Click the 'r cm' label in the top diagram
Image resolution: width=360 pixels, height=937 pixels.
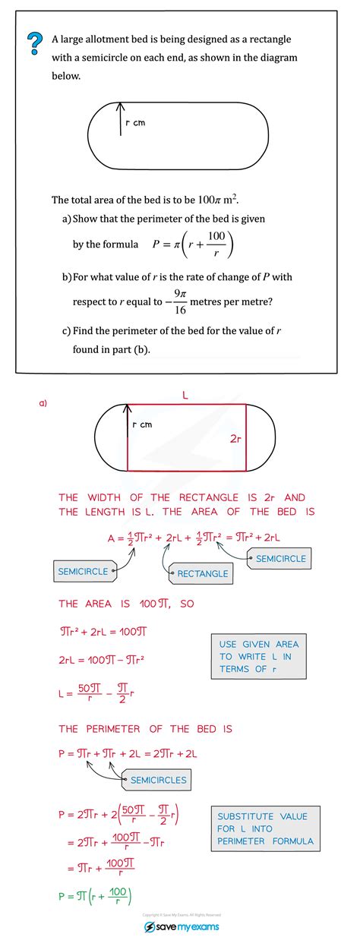[x=134, y=124]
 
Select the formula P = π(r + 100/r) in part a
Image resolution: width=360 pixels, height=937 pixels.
[x=193, y=245]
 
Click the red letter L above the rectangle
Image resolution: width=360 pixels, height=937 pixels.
[x=185, y=395]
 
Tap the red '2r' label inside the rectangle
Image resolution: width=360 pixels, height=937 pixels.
[x=235, y=439]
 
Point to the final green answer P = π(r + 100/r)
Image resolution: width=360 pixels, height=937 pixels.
[x=96, y=895]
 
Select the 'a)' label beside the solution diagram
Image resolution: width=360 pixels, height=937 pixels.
[x=43, y=403]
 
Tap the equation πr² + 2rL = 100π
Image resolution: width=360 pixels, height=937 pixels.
[x=102, y=631]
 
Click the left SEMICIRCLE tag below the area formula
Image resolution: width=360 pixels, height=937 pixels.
[x=84, y=570]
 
